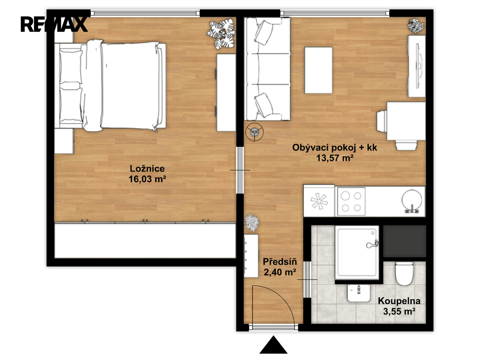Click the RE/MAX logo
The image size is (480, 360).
[x=54, y=24]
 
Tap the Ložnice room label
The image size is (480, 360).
[x=147, y=169]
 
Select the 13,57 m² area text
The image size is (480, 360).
[x=335, y=158]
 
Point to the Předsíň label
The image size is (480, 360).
[x=280, y=262]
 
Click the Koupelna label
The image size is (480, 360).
[x=399, y=301]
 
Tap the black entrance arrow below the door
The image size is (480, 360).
[x=273, y=345]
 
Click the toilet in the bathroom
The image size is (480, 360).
[x=404, y=273]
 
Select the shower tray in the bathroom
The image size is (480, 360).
[x=357, y=253]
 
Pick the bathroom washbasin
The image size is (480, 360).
[x=359, y=293]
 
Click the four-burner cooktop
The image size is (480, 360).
[x=351, y=201]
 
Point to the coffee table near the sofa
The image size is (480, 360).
[x=318, y=70]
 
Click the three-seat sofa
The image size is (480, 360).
[x=267, y=69]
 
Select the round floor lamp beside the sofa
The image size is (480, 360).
[x=254, y=132]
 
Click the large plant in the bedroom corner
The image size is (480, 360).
[x=221, y=34]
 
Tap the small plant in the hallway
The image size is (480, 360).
[x=252, y=223]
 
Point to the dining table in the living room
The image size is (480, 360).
[x=406, y=121]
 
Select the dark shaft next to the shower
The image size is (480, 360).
[x=404, y=241]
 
